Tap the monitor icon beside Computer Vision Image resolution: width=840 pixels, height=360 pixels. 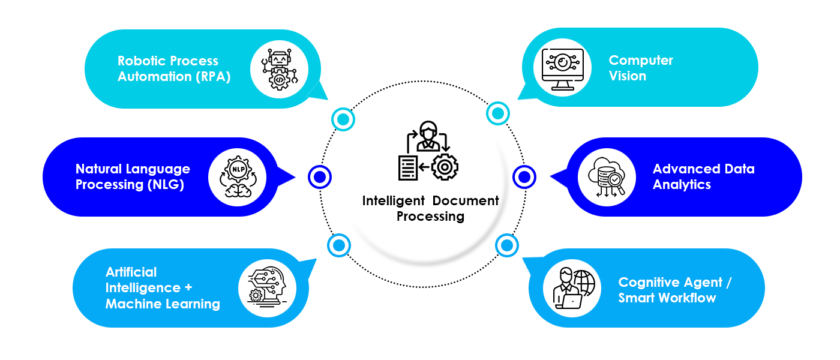click(562, 68)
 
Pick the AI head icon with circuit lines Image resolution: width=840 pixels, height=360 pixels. click(270, 287)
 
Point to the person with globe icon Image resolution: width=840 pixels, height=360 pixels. click(572, 287)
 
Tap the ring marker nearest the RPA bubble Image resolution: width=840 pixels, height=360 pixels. click(343, 119)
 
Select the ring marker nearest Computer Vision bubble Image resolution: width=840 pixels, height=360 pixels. click(497, 113)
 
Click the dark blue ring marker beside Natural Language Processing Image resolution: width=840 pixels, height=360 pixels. click(320, 176)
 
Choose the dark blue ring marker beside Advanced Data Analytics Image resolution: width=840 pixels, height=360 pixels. click(524, 177)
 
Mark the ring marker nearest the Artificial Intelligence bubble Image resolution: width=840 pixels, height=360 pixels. click(339, 245)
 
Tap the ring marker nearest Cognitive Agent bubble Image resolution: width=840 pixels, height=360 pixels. click(506, 245)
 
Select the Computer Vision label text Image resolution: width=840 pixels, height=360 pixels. click(641, 68)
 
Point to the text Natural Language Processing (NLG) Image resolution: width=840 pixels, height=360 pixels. click(133, 177)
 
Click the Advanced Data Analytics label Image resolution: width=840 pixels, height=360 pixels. click(703, 177)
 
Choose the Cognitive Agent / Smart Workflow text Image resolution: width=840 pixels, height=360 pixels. click(675, 290)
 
